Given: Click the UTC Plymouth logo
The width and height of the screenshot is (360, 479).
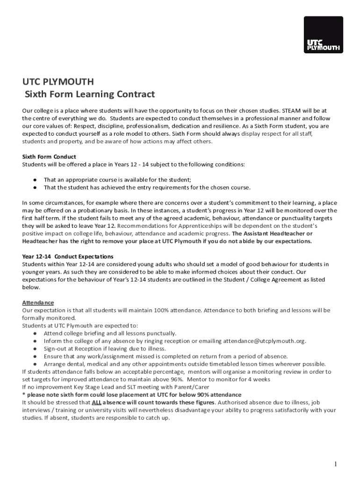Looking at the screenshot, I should (323, 36).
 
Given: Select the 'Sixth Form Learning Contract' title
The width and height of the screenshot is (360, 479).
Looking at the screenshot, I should (89, 94).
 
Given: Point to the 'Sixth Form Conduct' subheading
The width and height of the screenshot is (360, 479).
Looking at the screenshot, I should (49, 157).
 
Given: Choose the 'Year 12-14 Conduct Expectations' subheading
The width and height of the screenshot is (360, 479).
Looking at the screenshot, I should (68, 256).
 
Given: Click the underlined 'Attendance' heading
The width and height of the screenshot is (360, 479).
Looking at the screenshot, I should (38, 303).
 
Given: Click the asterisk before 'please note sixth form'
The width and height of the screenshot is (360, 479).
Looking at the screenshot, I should (23, 395).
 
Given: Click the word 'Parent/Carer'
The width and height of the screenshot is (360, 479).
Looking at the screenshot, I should (190, 387).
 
